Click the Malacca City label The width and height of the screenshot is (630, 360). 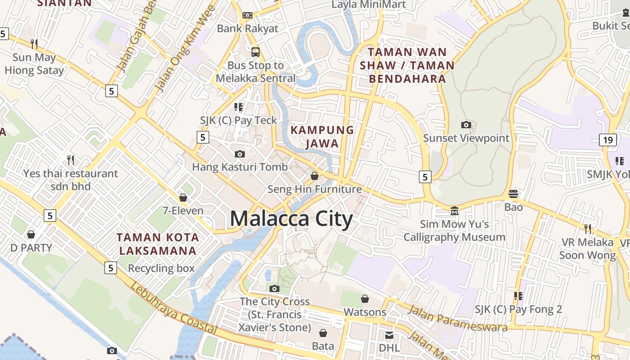291,219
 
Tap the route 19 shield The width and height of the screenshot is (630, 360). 607,139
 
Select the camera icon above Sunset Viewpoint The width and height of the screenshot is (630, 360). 466,125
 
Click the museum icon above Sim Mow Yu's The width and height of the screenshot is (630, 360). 454,211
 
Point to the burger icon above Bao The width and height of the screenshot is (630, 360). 513,194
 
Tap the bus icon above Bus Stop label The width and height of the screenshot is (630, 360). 256,52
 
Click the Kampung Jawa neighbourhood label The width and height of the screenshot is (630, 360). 322,137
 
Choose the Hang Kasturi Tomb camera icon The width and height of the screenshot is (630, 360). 240,154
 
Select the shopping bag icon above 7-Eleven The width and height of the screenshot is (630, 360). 183,198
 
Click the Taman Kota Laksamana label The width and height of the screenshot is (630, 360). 157,244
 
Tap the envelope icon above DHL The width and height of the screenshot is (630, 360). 389,335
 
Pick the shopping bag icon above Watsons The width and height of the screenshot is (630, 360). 365,299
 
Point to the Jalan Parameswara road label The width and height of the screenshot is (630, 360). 457,318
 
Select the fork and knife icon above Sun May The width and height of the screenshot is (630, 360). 34,44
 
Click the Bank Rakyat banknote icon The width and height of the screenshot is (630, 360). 247,15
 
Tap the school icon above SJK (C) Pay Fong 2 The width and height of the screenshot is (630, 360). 518,296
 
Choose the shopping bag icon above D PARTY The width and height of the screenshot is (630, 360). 31,234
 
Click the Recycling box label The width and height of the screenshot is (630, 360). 161,269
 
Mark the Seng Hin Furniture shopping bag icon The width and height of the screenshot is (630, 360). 315,176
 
